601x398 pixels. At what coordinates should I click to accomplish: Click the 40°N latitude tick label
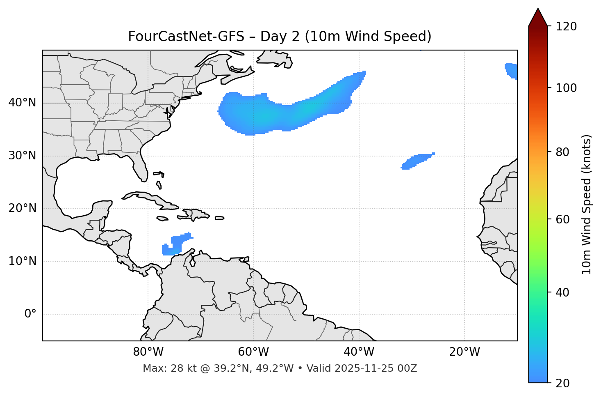click(22, 103)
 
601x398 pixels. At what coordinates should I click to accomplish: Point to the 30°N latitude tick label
click(22, 156)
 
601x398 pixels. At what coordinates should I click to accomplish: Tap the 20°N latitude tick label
click(22, 208)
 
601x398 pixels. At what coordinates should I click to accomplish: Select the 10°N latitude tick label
click(22, 261)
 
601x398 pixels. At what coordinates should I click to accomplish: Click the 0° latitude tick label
click(30, 314)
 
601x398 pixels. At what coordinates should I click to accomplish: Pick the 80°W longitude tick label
click(148, 352)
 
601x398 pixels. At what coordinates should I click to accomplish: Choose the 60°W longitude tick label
click(253, 352)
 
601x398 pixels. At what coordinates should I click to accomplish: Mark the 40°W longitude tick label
click(359, 352)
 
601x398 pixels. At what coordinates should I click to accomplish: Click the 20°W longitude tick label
click(464, 352)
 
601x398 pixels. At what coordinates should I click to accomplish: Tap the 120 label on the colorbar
click(566, 27)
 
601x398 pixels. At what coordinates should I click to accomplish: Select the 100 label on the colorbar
click(566, 88)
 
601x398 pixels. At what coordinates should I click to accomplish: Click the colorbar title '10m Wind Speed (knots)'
click(587, 204)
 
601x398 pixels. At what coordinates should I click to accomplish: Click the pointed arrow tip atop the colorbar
click(538, 10)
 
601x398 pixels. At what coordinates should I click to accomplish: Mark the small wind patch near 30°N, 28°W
click(417, 161)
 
